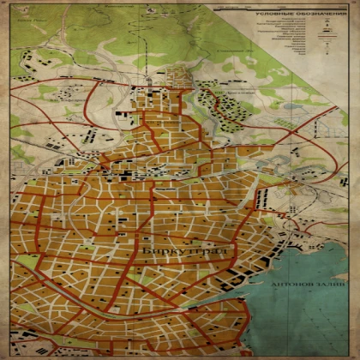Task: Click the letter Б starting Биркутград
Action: click(x=148, y=250)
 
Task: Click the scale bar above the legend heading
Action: click(x=283, y=8)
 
